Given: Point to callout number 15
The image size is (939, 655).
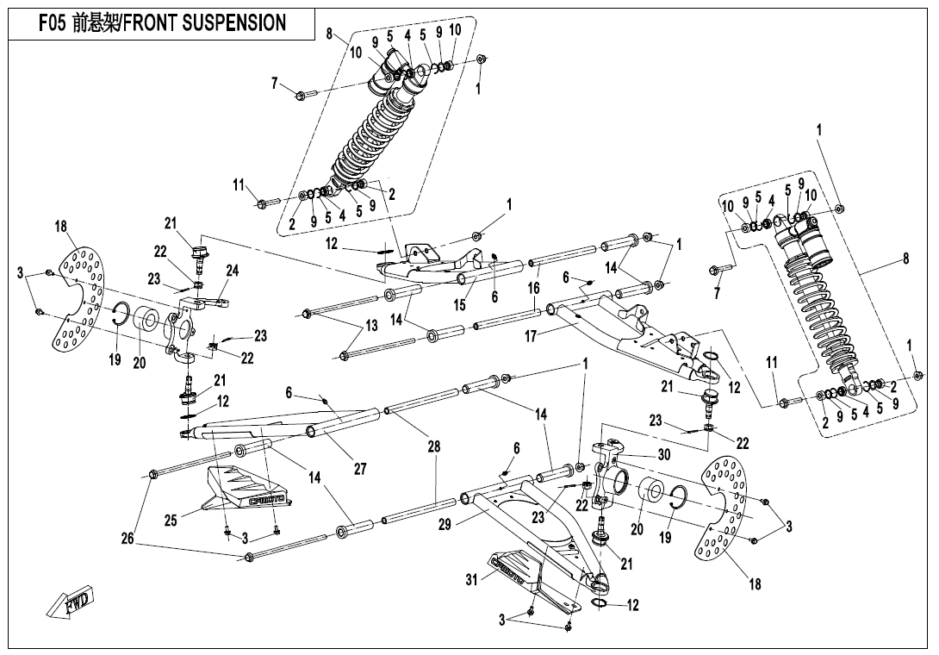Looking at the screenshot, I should (x=460, y=303).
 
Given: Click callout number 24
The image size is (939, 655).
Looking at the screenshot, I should (x=232, y=271).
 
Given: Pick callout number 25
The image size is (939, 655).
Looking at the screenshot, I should (x=171, y=520).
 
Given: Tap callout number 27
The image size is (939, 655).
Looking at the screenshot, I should (x=360, y=469).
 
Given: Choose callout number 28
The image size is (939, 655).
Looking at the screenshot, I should (x=435, y=446).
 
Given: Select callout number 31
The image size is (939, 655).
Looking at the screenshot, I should (x=471, y=580).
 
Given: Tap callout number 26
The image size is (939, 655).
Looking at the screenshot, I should (x=127, y=540).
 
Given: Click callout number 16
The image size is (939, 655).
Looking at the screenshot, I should (x=534, y=287).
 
